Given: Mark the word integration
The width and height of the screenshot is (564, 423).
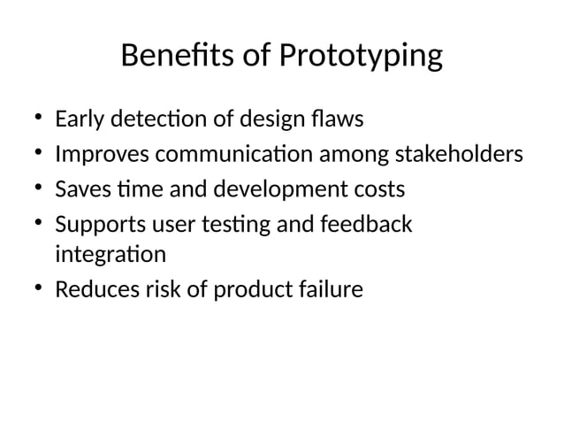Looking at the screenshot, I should click(110, 257).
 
